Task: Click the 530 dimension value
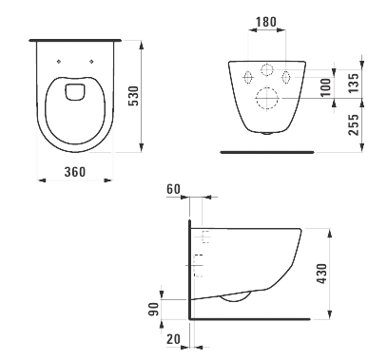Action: click(133, 96)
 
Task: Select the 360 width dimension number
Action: click(75, 172)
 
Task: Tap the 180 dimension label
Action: click(266, 22)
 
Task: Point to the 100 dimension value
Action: click(325, 87)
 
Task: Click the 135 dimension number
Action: click(354, 83)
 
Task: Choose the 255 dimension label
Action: click(354, 124)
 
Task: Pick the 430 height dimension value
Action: click(321, 274)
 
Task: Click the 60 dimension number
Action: click(173, 189)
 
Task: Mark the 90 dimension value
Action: click(154, 310)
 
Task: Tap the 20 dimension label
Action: click(173, 339)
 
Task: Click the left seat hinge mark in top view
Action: click(59, 62)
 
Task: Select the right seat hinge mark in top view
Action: click(92, 62)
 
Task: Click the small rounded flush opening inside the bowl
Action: click(75, 92)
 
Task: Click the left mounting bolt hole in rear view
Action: click(248, 77)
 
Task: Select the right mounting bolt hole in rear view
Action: click(286, 77)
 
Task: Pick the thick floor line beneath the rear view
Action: click(267, 152)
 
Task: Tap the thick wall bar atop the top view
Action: click(75, 41)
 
